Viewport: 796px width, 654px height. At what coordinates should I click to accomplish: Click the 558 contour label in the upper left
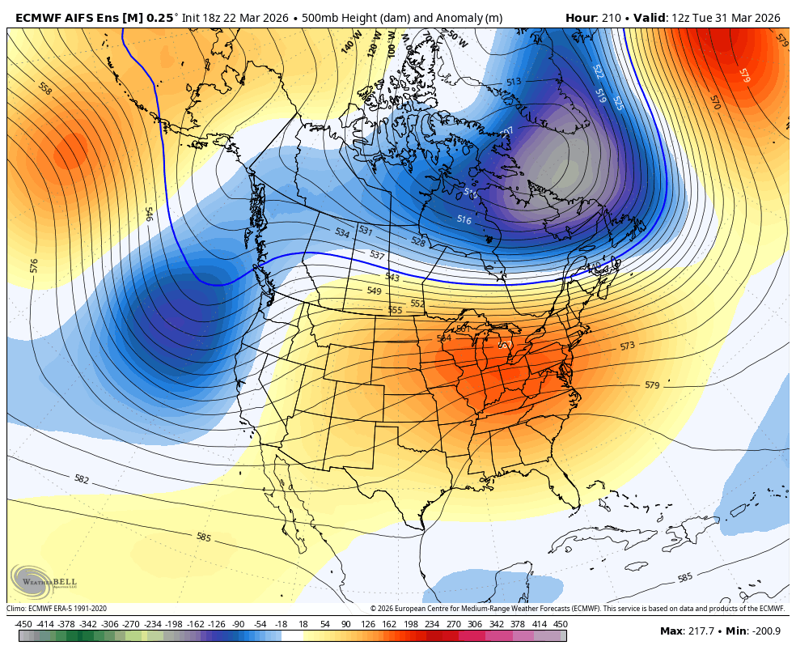click(44, 88)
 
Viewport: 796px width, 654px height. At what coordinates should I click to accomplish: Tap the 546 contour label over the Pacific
click(149, 214)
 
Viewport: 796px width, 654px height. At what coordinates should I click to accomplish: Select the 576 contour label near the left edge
click(34, 265)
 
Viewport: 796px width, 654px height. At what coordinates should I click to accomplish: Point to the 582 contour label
click(81, 479)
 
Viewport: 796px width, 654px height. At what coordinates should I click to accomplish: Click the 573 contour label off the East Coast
click(627, 346)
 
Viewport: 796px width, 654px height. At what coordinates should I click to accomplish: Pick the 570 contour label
click(714, 102)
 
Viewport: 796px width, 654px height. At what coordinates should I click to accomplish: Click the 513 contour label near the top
click(514, 82)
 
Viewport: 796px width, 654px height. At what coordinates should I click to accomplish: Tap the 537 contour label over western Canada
click(377, 255)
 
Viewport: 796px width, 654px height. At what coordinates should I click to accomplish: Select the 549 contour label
click(374, 291)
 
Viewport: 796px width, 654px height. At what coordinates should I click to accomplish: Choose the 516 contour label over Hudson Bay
click(464, 219)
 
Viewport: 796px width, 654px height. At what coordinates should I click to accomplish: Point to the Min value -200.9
click(767, 631)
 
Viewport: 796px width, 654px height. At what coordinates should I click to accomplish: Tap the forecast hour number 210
click(611, 18)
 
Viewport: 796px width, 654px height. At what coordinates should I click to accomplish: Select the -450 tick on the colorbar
click(23, 624)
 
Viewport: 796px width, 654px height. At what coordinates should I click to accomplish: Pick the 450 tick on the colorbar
click(560, 624)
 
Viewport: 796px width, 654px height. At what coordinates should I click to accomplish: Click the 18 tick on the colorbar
click(304, 624)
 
